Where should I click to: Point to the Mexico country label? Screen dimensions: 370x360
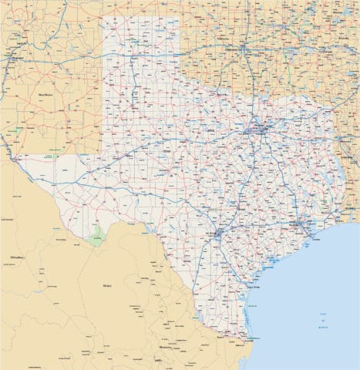tap(106, 284)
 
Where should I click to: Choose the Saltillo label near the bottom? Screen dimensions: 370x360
tap(159, 360)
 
